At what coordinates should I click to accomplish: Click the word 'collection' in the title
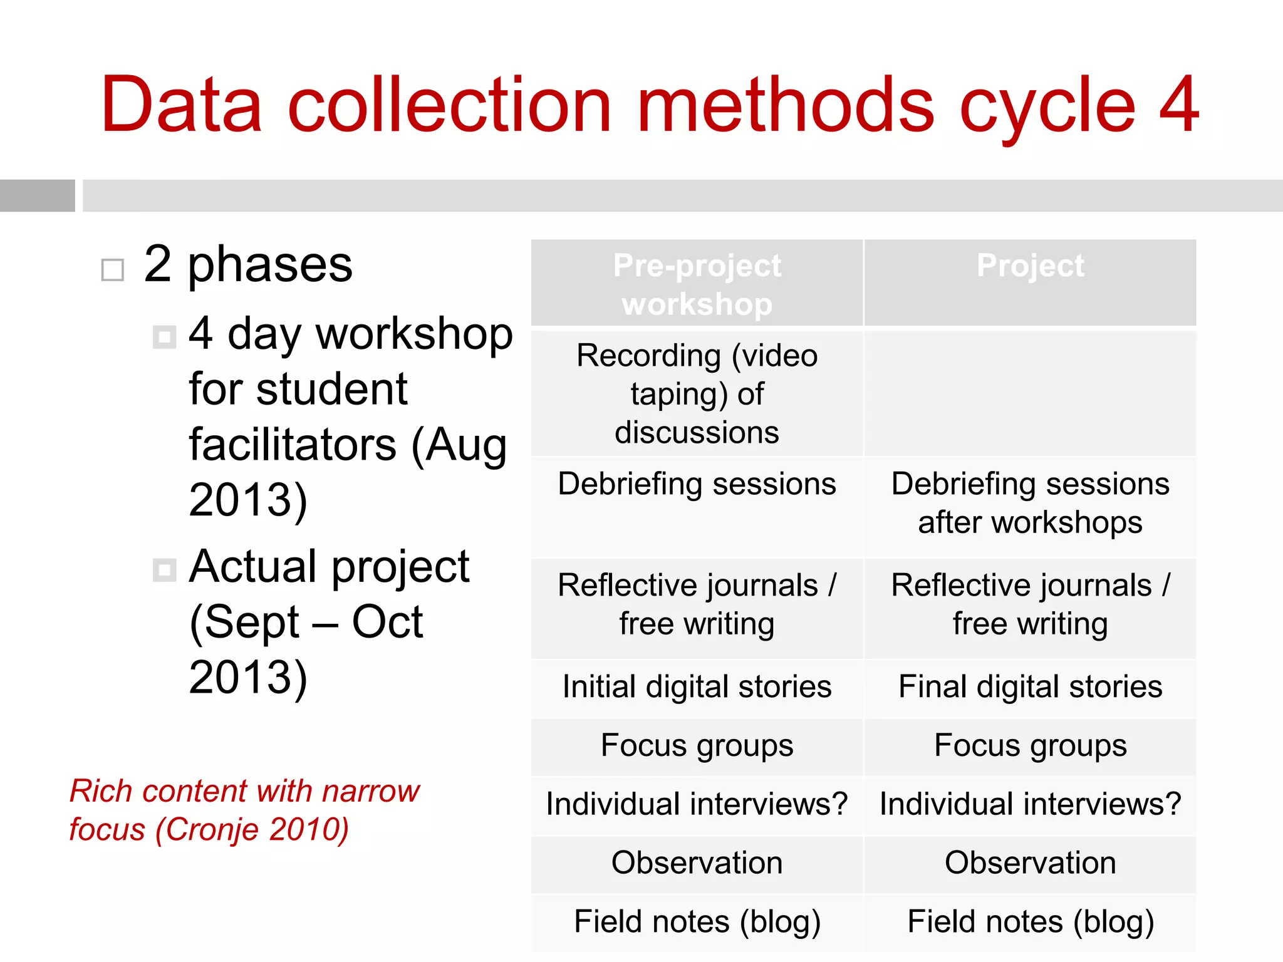pyautogui.click(x=449, y=105)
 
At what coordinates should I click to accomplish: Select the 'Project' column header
pyautogui.click(x=1030, y=266)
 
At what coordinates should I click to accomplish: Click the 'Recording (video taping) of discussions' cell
pyautogui.click(x=697, y=393)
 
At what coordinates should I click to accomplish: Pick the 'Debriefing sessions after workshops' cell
pyautogui.click(x=1030, y=503)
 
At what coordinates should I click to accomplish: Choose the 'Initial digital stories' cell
pyautogui.click(x=697, y=686)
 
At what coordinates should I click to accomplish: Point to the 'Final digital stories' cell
pyautogui.click(x=1030, y=686)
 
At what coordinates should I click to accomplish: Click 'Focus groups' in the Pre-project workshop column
pyautogui.click(x=697, y=745)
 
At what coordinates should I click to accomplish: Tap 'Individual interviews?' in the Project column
pyautogui.click(x=1030, y=804)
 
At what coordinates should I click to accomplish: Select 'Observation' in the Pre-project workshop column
pyautogui.click(x=697, y=863)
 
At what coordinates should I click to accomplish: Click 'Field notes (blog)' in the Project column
pyautogui.click(x=1030, y=922)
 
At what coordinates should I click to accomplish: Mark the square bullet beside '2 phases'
pyautogui.click(x=113, y=270)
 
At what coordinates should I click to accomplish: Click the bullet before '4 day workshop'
pyautogui.click(x=164, y=337)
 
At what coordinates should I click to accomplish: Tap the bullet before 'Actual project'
pyautogui.click(x=164, y=570)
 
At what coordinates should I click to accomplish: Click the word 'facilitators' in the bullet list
pyautogui.click(x=293, y=445)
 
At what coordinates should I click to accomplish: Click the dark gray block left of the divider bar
pyautogui.click(x=37, y=195)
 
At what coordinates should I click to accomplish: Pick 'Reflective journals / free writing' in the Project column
pyautogui.click(x=1030, y=604)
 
